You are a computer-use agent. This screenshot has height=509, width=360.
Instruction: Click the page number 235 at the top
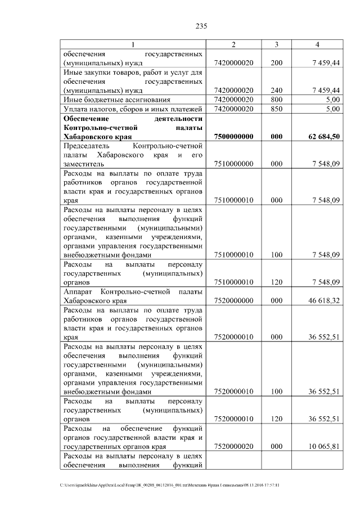202,26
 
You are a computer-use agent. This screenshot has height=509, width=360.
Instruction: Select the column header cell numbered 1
133,44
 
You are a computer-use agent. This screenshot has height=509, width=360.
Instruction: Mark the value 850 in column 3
276,109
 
